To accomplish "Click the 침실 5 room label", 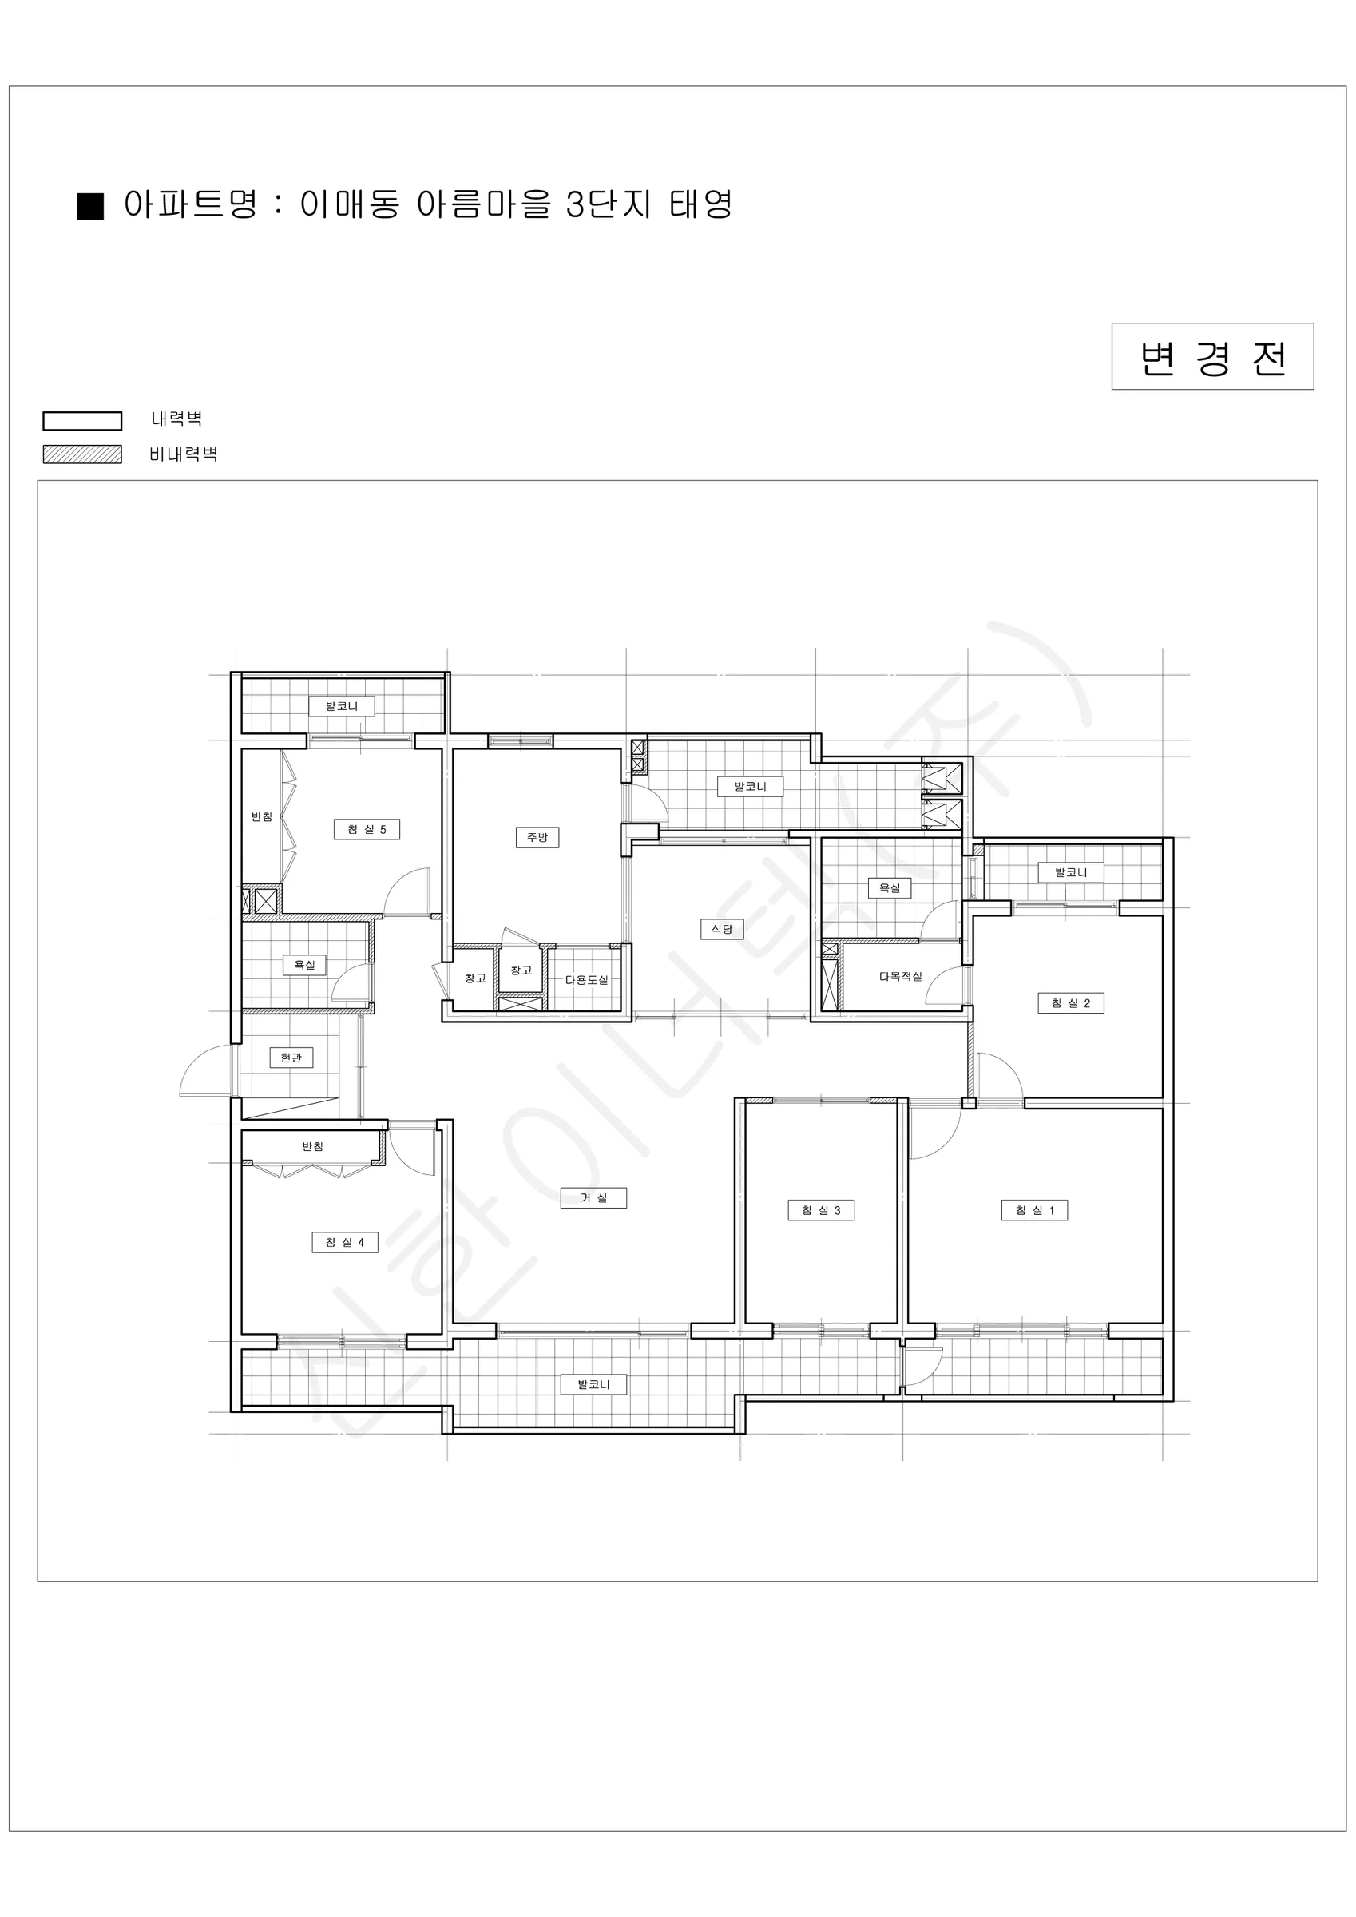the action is [x=367, y=829].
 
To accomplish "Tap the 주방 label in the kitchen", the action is [x=537, y=837].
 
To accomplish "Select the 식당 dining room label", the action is [x=721, y=928].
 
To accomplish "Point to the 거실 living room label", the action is [x=593, y=1197].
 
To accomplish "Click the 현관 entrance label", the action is [x=291, y=1058].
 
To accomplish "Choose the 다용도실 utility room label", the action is [x=587, y=980].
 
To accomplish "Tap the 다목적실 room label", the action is [x=900, y=976].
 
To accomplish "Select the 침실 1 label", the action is [x=1034, y=1210].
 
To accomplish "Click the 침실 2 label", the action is [x=1070, y=1002].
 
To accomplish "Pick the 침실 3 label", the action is [x=821, y=1210].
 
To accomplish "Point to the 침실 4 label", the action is [x=345, y=1242].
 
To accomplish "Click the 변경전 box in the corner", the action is [x=1212, y=356].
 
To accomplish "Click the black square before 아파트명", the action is [x=90, y=206].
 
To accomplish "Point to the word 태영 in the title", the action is [x=700, y=204].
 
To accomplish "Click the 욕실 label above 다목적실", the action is [x=890, y=888].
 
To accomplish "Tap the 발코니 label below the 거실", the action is [x=593, y=1384].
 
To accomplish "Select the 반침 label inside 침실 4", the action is [x=312, y=1147].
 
